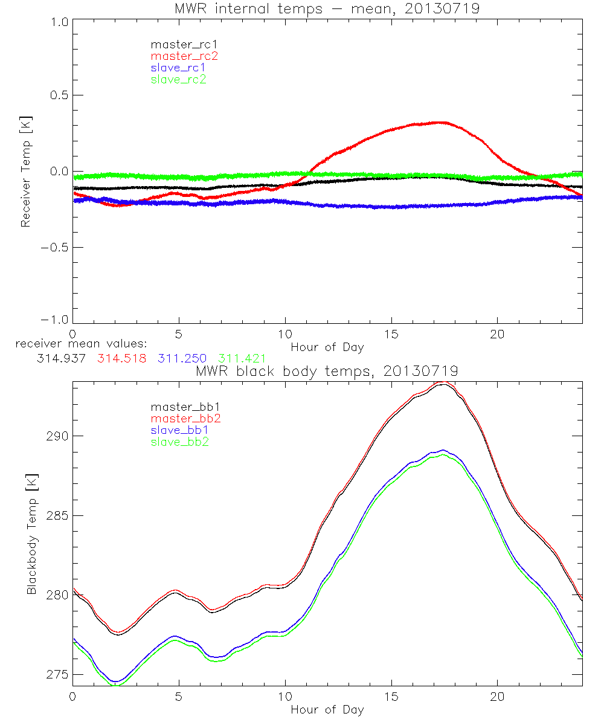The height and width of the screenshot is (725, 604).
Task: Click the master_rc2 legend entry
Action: (184, 56)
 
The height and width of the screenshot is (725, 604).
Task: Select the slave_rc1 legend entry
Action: (178, 68)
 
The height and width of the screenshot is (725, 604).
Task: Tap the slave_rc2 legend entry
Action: (178, 79)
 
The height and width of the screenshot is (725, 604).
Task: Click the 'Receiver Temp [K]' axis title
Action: (25, 172)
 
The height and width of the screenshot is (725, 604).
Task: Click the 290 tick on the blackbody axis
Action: (56, 436)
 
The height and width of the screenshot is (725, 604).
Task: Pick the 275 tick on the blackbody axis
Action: (56, 674)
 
